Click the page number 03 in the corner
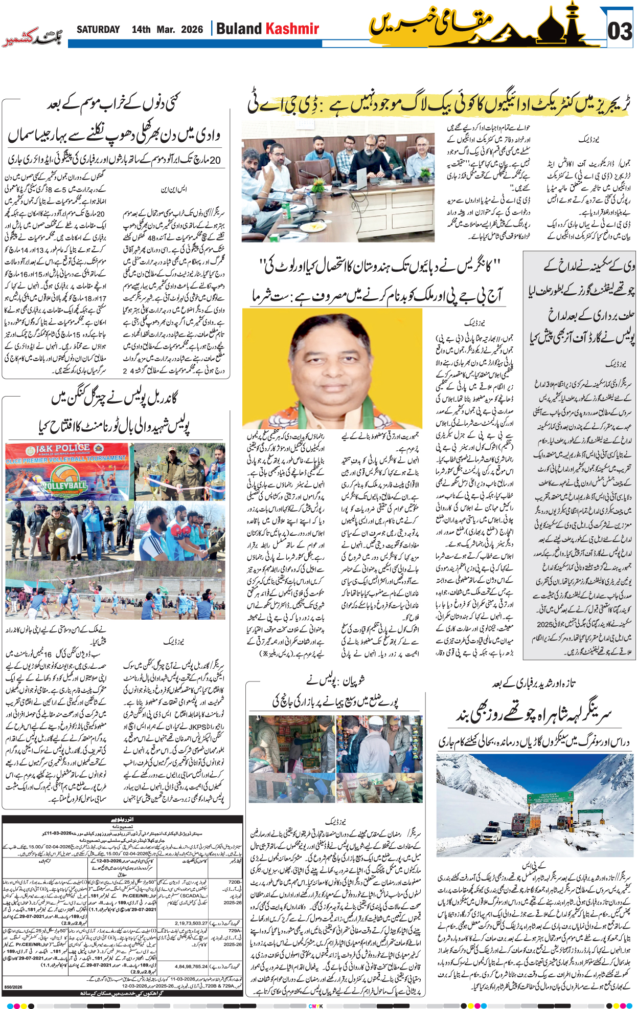[620, 32]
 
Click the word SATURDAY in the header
[98, 30]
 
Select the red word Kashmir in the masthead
[293, 29]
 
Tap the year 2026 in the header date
[192, 30]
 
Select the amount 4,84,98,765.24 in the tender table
[191, 967]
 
